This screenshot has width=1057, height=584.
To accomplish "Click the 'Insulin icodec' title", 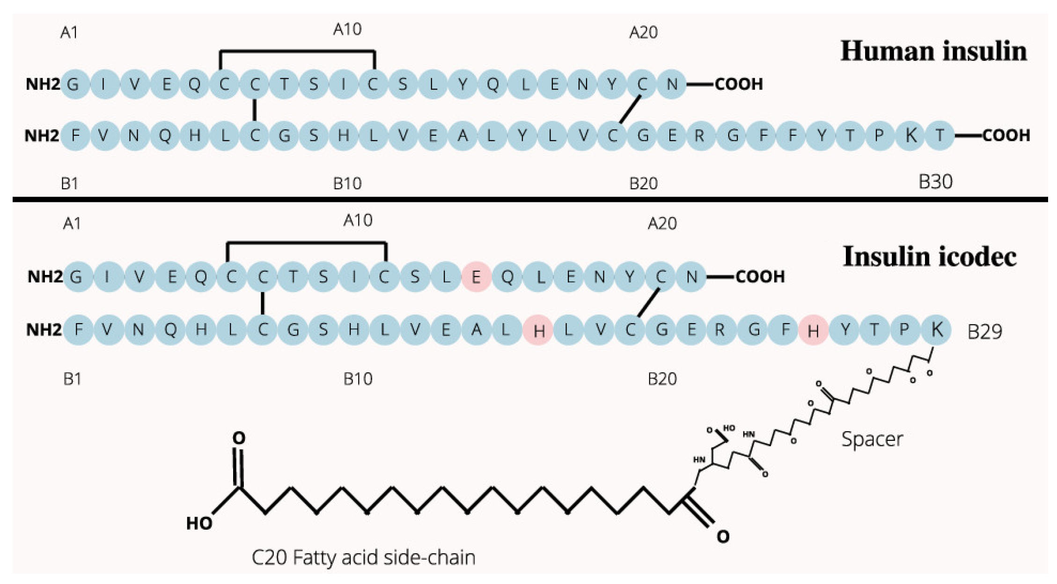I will pos(929,257).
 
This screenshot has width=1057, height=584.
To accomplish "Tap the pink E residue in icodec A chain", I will pos(476,277).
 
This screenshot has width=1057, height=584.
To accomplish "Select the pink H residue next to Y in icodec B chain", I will pos(813,331).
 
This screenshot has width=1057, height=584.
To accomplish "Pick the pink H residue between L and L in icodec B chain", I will pos(538,331).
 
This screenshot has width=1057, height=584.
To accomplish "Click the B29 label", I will pos(984,332).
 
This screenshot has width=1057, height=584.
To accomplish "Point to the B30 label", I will pos(935,182).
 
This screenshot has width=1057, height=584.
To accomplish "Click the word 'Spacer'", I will pos(872,439).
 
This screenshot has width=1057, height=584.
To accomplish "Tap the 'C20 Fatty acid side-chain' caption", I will pos(363,557).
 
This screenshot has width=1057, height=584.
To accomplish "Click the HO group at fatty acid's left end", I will pos(199,523).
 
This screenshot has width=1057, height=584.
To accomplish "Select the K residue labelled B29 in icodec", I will pos(936,330).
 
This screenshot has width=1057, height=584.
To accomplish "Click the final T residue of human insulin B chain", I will pos(939,136).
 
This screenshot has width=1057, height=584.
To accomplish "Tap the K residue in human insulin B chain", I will pos(910,136).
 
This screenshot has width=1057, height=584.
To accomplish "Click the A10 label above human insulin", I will pos(347,30).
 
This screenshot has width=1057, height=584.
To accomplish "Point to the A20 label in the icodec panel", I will pos(662,224).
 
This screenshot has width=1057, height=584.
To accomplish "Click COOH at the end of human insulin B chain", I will pos(1006,136).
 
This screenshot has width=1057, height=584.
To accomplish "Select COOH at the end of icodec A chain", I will pos(760,277).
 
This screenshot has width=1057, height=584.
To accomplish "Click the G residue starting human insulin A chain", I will pos(73,84).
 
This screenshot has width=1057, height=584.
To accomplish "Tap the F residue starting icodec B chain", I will pos(78,330).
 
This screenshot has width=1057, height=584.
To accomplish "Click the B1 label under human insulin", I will pos(69,183).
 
